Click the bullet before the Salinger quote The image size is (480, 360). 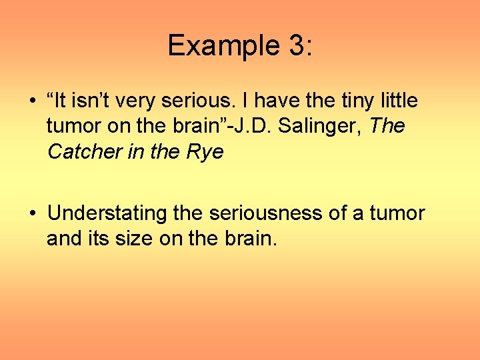(33, 102)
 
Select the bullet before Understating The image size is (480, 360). (33, 214)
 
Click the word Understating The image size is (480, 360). (107, 213)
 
